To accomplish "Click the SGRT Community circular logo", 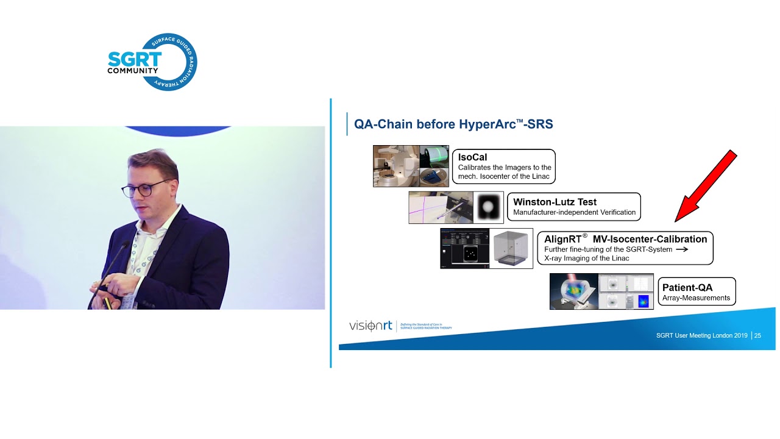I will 152,62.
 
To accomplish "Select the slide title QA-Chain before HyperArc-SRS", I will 453,124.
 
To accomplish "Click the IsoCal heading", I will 473,157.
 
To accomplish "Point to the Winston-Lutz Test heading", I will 555,202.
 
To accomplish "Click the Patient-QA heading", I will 687,287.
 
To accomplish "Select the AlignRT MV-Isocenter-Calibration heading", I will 625,239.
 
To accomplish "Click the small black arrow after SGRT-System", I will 682,249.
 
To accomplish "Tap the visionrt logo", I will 370,326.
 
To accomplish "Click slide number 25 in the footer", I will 757,335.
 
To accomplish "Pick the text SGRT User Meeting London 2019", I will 703,335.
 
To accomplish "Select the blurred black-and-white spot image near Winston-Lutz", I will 489,207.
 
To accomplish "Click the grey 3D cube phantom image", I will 512,249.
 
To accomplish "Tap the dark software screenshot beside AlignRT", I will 466,249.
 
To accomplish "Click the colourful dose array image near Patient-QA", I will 573,291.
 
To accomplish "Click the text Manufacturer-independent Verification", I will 574,213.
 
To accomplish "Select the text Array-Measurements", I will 696,298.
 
